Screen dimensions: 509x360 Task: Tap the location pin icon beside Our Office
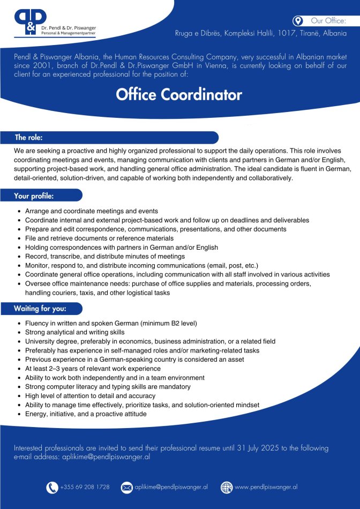point(298,21)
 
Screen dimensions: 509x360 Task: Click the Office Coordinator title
point(179,95)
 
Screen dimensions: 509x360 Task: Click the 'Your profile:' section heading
point(34,196)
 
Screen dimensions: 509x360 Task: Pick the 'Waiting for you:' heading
point(40,309)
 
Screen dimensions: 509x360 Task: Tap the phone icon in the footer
point(52,487)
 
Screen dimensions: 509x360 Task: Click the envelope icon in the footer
point(126,487)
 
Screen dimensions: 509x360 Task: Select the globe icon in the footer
point(227,487)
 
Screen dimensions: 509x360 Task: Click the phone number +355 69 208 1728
point(85,487)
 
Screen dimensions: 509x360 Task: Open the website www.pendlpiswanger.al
point(266,487)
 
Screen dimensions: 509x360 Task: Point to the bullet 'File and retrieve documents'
point(99,238)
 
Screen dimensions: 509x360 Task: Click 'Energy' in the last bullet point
point(35,414)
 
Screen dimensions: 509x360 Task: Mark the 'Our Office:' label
point(328,21)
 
